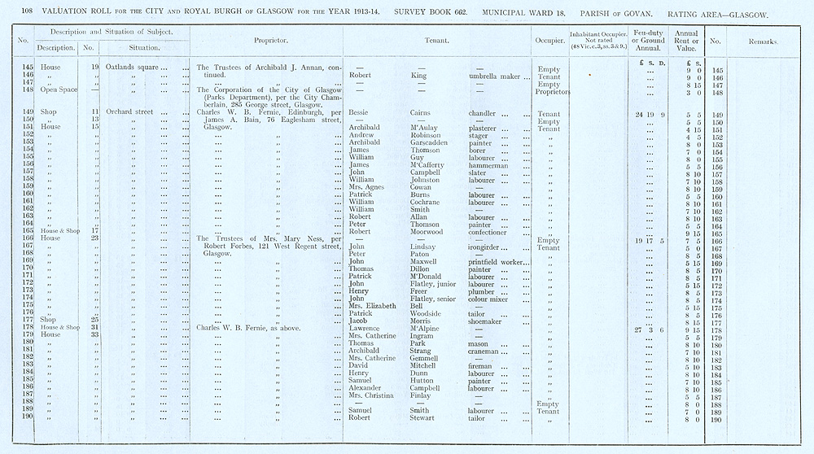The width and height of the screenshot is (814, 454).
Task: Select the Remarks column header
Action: [x=764, y=40]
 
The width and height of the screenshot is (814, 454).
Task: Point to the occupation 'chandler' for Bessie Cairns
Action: [x=485, y=113]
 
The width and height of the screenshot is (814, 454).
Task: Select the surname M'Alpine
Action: [x=429, y=328]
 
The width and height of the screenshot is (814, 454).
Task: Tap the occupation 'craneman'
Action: [x=488, y=351]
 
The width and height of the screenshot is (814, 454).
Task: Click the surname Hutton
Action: [x=426, y=381]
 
